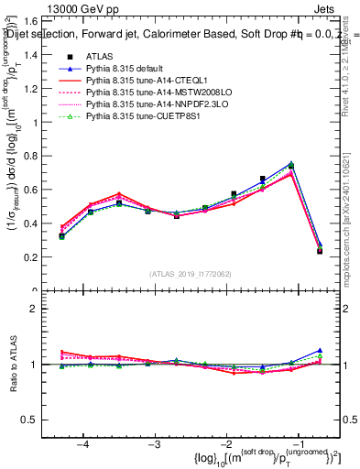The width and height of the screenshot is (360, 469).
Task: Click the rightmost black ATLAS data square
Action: coord(319,251)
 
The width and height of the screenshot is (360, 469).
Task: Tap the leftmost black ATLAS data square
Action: coord(61,236)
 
